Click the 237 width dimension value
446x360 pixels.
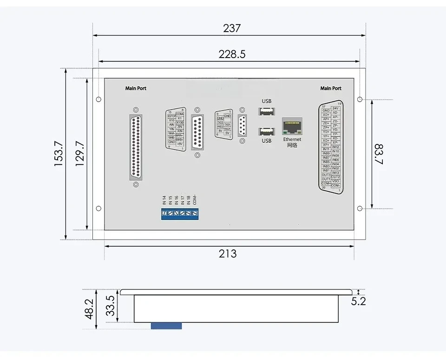pyautogui.click(x=232, y=28)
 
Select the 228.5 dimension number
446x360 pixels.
pyautogui.click(x=232, y=54)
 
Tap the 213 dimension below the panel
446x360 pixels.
pyautogui.click(x=228, y=254)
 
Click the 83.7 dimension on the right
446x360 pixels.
pyautogui.click(x=379, y=154)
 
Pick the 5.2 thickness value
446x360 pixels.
pyautogui.click(x=358, y=301)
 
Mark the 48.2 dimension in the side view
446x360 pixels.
pyautogui.click(x=89, y=308)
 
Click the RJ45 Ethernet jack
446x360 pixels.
pyautogui.click(x=292, y=126)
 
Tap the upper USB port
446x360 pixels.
pyautogui.click(x=266, y=111)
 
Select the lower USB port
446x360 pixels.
pyautogui.click(x=266, y=131)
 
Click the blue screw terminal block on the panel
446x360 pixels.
pyautogui.click(x=180, y=213)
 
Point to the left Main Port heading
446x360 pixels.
pyautogui.click(x=136, y=88)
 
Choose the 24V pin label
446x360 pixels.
pyautogui.click(x=336, y=108)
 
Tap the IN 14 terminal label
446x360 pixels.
pyautogui.click(x=164, y=200)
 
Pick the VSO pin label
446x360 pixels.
pyautogui.click(x=336, y=181)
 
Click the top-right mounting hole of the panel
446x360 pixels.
pyautogui.click(x=360, y=99)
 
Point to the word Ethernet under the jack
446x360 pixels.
pyautogui.click(x=292, y=139)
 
